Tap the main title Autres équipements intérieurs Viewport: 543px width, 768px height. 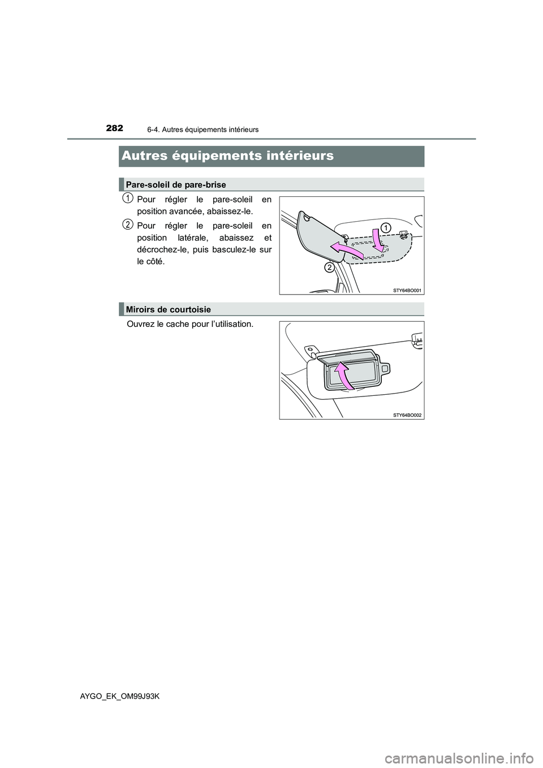pyautogui.click(x=227, y=156)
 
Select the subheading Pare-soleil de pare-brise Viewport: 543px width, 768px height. pyautogui.click(x=176, y=184)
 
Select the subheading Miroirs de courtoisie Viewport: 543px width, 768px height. pyautogui.click(x=169, y=309)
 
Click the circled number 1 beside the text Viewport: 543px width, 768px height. pyautogui.click(x=128, y=197)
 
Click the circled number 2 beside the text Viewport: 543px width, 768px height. pyautogui.click(x=128, y=225)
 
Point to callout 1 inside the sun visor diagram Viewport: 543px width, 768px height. pyautogui.click(x=385, y=227)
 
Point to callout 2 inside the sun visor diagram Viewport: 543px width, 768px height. pyautogui.click(x=328, y=267)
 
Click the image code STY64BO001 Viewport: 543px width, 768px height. pyautogui.click(x=407, y=290)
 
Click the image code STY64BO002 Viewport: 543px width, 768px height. pyautogui.click(x=407, y=415)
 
